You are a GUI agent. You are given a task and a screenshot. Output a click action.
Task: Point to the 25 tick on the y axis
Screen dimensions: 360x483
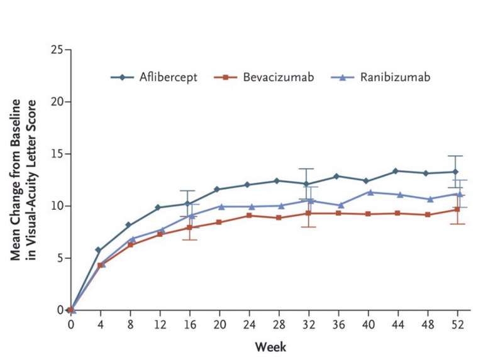tap(57, 50)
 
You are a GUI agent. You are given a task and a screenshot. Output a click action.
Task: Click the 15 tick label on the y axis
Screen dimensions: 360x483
tap(57, 154)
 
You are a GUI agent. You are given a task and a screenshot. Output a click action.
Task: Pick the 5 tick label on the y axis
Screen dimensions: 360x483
tap(60, 258)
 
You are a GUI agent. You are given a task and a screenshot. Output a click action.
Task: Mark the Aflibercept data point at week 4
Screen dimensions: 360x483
tap(99, 250)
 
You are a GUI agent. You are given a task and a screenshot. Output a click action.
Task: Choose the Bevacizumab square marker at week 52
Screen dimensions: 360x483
tap(455, 209)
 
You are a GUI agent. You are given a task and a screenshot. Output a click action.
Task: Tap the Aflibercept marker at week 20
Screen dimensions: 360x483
tap(217, 189)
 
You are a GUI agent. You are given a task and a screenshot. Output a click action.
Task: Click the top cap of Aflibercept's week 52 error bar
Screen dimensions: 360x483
tap(455, 156)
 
